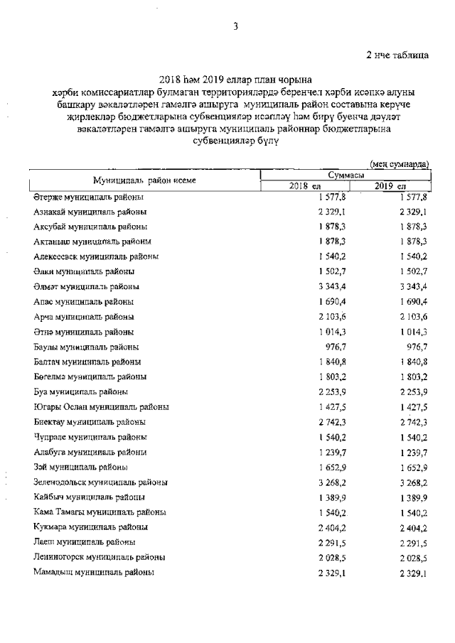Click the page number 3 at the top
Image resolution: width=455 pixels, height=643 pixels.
(x=235, y=27)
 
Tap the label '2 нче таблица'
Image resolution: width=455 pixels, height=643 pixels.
(x=397, y=55)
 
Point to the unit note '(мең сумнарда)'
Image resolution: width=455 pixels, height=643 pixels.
(x=400, y=164)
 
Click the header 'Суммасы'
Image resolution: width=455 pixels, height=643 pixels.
(x=346, y=175)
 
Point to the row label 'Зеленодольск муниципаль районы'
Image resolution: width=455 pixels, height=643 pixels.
(x=100, y=482)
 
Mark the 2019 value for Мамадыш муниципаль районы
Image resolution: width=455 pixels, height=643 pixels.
(x=409, y=572)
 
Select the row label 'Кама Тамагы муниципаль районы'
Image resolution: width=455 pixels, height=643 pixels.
(x=100, y=512)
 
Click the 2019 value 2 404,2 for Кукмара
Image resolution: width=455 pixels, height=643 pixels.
(x=409, y=527)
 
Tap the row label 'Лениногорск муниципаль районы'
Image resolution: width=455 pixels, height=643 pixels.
(x=100, y=557)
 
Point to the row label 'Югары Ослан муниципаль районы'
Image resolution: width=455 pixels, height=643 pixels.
(x=101, y=407)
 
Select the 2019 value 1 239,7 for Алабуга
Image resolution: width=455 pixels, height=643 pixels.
(x=409, y=452)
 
